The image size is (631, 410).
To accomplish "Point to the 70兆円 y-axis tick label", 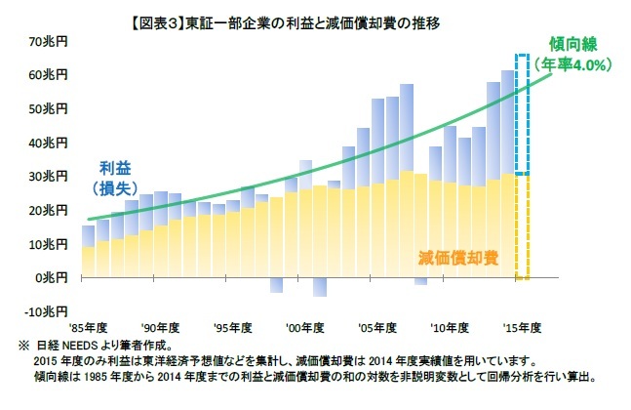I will pos(48,42).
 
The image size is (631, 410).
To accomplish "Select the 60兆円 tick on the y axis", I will pos(48,75).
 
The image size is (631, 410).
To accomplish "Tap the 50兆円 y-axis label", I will pos(48,109).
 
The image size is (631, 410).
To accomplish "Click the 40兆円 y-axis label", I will pos(48,143).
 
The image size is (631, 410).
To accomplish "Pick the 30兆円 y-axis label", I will pos(48,177).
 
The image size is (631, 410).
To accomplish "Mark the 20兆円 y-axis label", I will pos(48,211).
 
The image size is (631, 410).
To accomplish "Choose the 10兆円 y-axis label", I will pos(48,244).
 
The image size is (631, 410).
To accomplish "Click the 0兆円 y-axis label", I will pos(51,278).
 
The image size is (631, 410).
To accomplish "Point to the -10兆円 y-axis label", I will pos(46,311).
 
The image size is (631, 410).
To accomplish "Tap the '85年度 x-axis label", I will pos(86,327).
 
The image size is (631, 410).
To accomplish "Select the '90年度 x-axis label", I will pos(160,327).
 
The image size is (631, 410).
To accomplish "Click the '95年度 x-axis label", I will pos(233,327).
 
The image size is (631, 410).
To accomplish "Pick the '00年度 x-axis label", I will pos(305,327).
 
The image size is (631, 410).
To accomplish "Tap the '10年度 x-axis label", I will pos(450,327).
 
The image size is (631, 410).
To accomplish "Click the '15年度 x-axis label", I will pos(521,327).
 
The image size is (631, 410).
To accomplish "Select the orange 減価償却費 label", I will pos(457,258).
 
